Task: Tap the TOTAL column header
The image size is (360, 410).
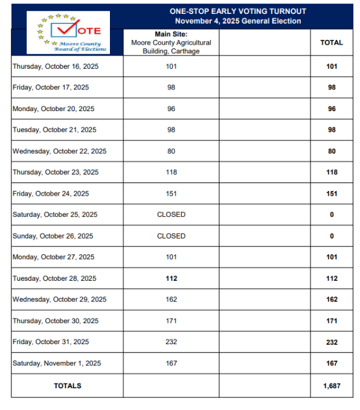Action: click(332, 43)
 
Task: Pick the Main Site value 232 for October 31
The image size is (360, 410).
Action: click(171, 342)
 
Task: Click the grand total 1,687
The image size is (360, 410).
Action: click(332, 386)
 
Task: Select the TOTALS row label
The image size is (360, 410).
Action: click(67, 386)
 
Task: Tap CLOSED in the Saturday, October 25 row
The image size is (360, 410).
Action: click(171, 214)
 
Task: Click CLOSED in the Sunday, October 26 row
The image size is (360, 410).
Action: click(171, 236)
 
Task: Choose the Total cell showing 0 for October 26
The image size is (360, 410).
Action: click(332, 236)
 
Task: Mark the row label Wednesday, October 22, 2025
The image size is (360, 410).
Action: click(59, 151)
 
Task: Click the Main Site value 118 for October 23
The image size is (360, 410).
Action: click(171, 172)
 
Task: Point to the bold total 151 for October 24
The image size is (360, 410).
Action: click(332, 194)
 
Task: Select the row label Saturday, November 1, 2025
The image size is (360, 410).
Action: click(57, 364)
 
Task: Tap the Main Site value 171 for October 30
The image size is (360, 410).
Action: click(171, 321)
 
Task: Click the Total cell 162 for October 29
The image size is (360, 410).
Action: click(332, 299)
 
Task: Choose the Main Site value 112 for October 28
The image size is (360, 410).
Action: click(171, 278)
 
